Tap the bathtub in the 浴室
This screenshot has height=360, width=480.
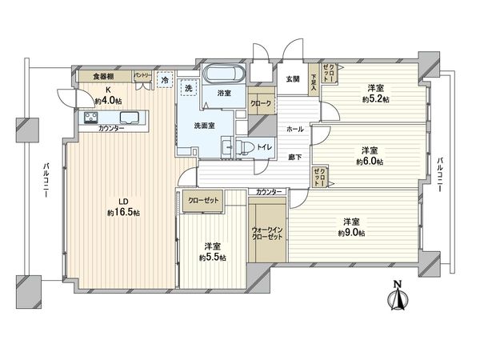[x=226, y=76]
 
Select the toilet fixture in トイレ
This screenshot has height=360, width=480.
[x=230, y=147]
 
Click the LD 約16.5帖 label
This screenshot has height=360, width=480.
[x=123, y=207]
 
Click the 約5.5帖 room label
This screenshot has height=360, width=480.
[x=212, y=251]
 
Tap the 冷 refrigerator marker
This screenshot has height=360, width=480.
[x=166, y=81]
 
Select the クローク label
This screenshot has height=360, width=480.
[x=261, y=104]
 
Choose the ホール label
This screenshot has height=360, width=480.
[x=294, y=129]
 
